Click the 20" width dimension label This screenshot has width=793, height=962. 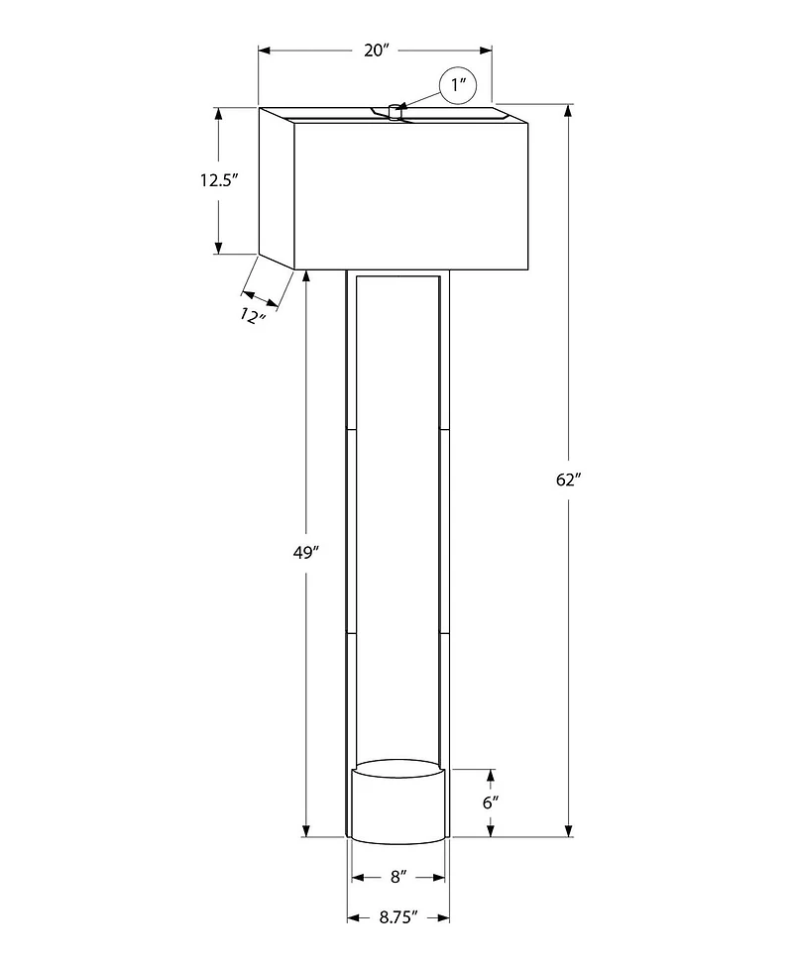(x=374, y=50)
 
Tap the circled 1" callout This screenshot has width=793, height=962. (x=458, y=85)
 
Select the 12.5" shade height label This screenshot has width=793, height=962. (x=220, y=180)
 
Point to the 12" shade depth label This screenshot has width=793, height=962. (x=254, y=316)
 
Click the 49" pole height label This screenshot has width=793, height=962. (x=305, y=553)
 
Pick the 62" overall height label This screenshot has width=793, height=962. (x=568, y=480)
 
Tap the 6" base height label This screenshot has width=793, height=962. (x=490, y=802)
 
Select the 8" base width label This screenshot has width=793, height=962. (x=398, y=877)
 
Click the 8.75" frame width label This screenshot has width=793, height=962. (x=397, y=917)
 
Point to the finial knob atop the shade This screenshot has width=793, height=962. (x=395, y=111)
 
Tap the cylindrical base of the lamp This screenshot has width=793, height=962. (x=396, y=804)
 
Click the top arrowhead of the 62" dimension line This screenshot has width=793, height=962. (x=568, y=109)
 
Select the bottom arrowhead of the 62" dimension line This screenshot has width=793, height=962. (x=568, y=831)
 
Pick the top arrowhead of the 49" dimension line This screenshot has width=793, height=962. (x=305, y=276)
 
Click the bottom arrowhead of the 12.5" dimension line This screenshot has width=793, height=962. (x=219, y=248)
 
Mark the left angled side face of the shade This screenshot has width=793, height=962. (x=277, y=188)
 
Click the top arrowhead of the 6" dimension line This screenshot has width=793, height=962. (x=490, y=774)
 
